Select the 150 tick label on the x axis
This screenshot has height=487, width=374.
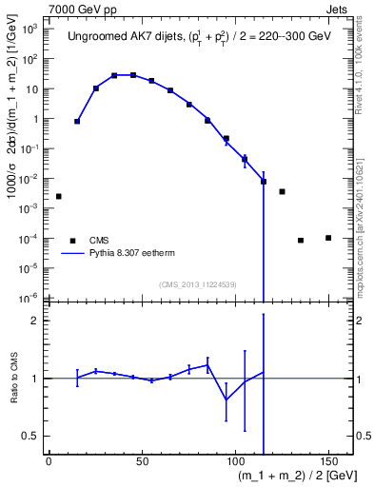[x=327, y=460]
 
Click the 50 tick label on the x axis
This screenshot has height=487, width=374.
[x=142, y=460]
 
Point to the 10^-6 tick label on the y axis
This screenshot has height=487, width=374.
[x=30, y=298]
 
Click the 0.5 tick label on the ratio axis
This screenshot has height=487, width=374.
[x=32, y=436]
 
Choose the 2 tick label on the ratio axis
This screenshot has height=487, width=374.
[x=36, y=321]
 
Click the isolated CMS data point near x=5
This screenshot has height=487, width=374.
[x=59, y=196]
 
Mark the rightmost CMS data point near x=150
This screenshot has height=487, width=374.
[x=327, y=238]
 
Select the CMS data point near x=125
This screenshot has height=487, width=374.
[x=282, y=191]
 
